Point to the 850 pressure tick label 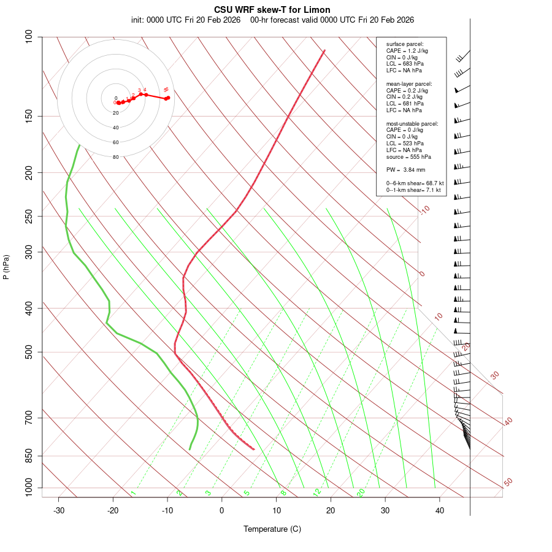coord(29,456)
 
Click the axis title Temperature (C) coord(272,529)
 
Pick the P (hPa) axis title coord(6,267)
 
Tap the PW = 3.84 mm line coord(405,169)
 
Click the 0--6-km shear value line coord(415,183)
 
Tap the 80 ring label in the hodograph coord(115,157)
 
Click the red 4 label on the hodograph coord(145,90)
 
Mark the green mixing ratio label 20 coord(361,492)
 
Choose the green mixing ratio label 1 coord(133,493)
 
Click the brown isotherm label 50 coord(508,483)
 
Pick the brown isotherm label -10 coord(424,210)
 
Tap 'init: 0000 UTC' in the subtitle coord(156,20)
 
